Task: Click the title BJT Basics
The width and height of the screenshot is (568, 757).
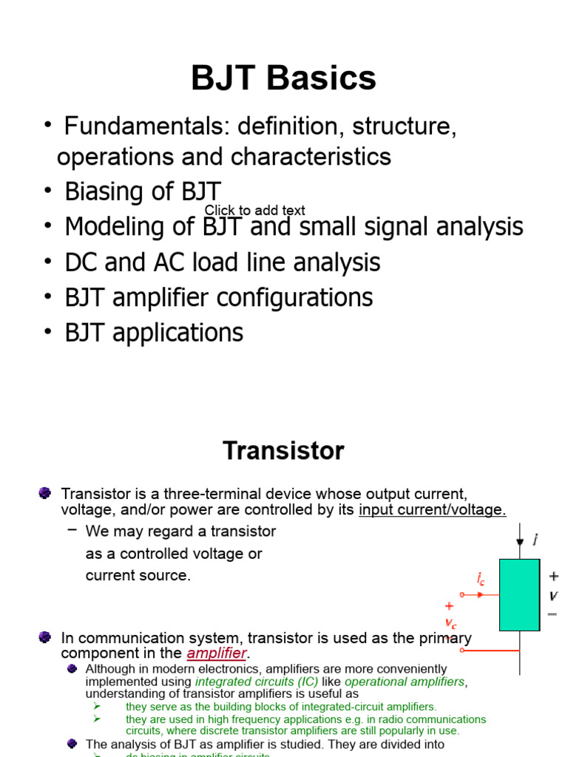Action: point(283,78)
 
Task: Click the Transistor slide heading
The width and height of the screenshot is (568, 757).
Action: point(283,450)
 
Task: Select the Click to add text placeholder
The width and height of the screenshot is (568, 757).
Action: point(254,211)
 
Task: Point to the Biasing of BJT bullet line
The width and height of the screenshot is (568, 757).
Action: point(142,191)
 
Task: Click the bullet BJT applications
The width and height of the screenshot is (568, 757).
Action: point(153,333)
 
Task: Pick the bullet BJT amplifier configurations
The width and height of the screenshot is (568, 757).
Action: point(218,297)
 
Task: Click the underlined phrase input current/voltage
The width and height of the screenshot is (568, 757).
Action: point(432,510)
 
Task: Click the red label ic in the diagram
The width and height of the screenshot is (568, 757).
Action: point(481,580)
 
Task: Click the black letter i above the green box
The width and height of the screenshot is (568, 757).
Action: point(535,540)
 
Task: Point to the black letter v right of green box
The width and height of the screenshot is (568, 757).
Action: point(553,595)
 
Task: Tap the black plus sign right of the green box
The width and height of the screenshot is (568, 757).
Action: point(553,577)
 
